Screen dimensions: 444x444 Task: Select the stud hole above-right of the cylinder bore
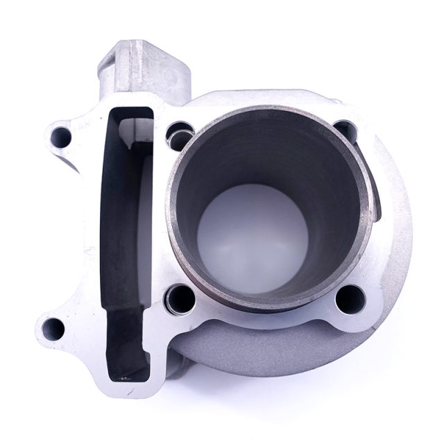click(345, 130)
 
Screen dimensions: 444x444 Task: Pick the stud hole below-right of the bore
click(345, 300)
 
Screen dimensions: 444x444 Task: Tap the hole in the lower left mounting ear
click(53, 327)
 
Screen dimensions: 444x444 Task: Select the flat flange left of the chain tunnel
click(94, 229)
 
